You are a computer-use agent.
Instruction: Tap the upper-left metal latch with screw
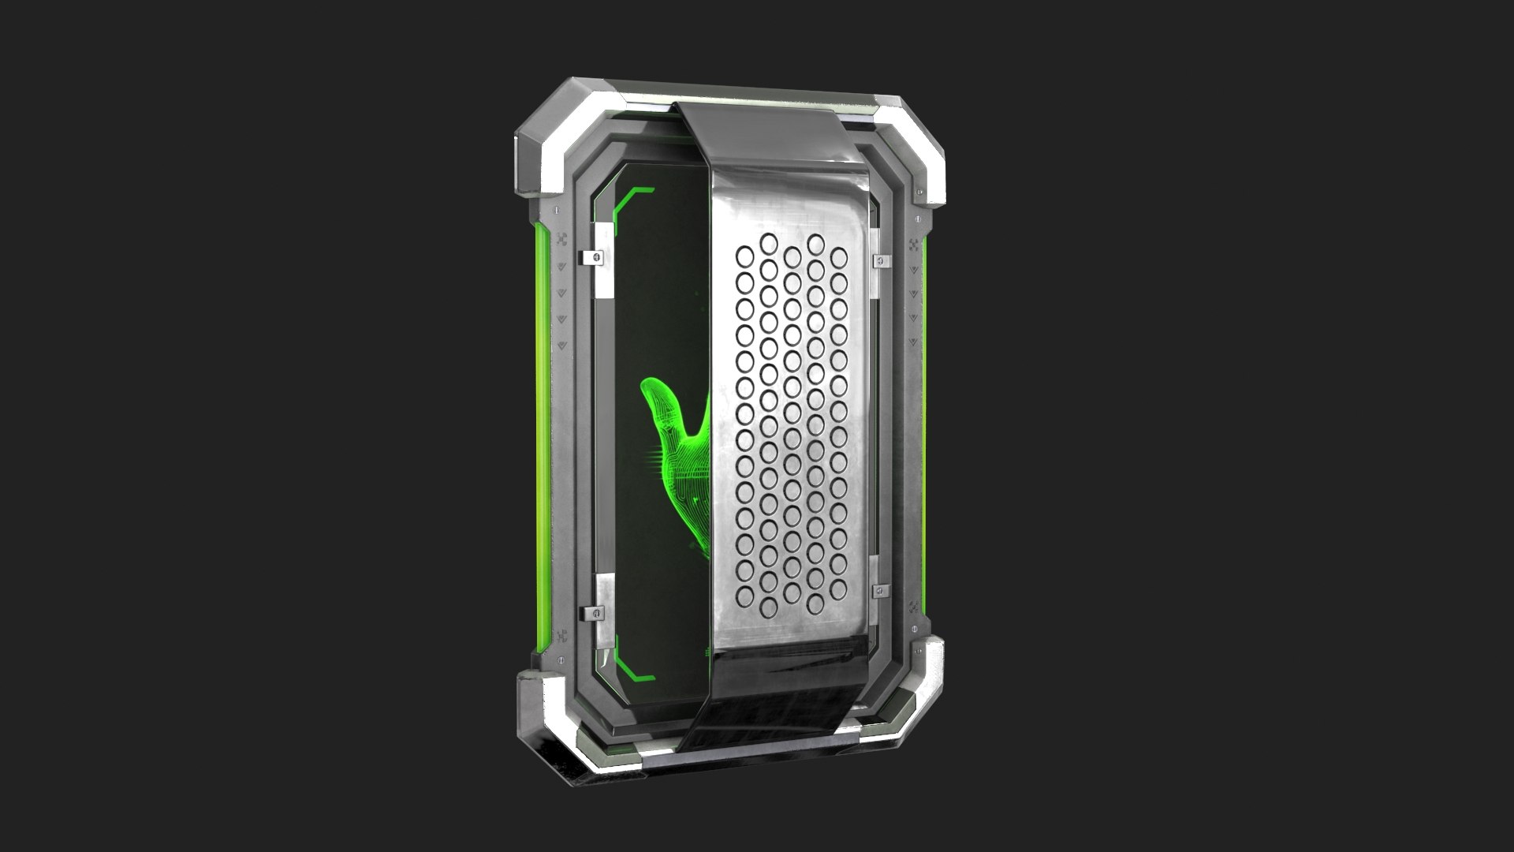coord(596,256)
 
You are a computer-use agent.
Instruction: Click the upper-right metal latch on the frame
coord(879,260)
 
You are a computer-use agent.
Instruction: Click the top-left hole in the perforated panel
coord(744,255)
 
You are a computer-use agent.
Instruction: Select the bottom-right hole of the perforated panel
coord(839,587)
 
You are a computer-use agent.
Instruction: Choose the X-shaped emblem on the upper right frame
coord(914,245)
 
